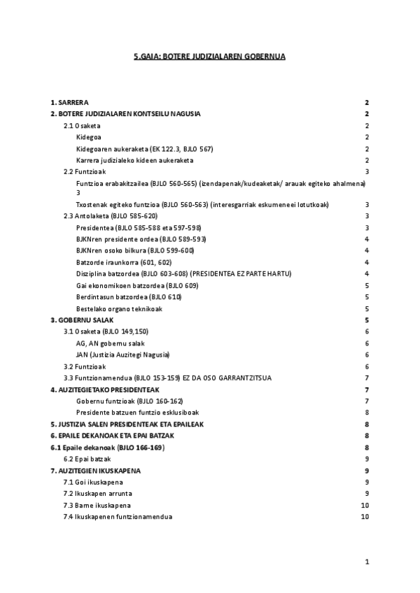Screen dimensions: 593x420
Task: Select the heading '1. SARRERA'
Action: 69,102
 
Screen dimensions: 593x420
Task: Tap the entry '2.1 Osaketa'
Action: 82,125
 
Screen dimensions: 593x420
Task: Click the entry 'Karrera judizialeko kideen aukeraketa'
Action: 134,159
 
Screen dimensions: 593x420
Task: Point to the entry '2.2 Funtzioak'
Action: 85,171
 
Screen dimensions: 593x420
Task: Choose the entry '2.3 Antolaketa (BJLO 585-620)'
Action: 111,216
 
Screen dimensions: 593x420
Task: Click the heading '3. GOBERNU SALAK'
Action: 83,320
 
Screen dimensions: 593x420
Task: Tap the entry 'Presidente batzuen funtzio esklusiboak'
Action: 137,412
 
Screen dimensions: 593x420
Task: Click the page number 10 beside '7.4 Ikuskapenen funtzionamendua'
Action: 364,516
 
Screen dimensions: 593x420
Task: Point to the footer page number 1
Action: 367,562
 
